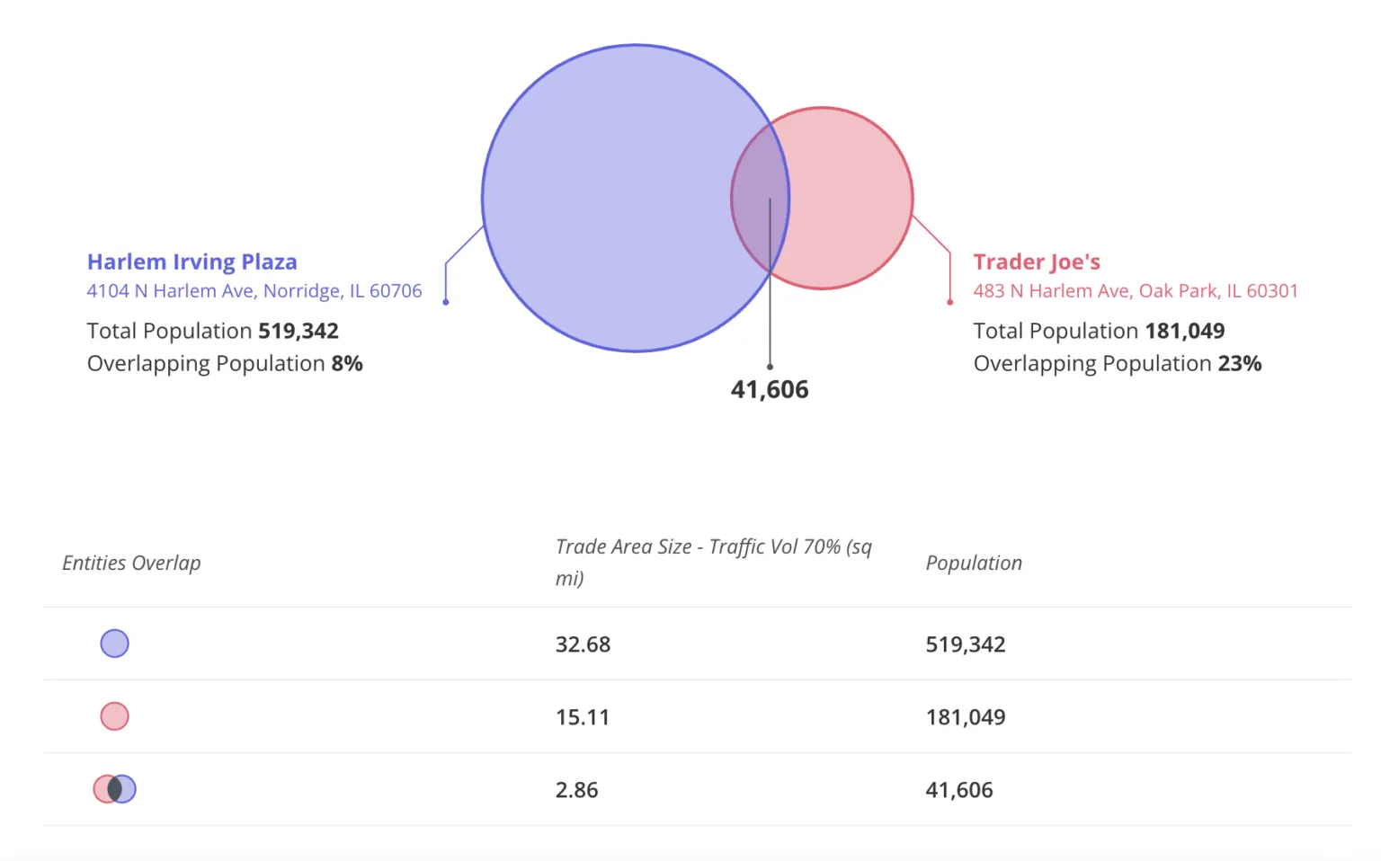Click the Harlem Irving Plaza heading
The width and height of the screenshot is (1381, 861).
coord(192,262)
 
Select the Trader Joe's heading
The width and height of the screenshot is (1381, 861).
coord(1036,262)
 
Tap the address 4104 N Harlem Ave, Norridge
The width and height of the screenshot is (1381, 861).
coord(254,291)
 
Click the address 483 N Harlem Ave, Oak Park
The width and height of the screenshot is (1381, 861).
coord(1135,291)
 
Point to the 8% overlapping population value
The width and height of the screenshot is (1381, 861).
coord(347,364)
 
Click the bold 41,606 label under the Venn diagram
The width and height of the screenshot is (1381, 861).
coord(770,389)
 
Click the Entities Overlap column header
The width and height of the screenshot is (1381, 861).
coord(131,563)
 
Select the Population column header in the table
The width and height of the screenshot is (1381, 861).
coord(974,563)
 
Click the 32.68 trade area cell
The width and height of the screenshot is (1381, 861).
coord(583,644)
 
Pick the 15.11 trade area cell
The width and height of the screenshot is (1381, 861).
coord(582,717)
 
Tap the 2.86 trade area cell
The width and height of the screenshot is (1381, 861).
coord(576,790)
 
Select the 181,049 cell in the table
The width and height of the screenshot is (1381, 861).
coord(965,717)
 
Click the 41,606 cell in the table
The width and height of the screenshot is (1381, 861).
coord(958,790)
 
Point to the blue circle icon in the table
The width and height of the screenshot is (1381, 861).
coord(114,644)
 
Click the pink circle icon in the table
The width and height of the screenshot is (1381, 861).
coord(114,716)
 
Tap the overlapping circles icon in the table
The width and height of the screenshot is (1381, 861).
coord(114,789)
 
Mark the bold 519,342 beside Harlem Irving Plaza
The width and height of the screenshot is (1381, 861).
coord(298,332)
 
